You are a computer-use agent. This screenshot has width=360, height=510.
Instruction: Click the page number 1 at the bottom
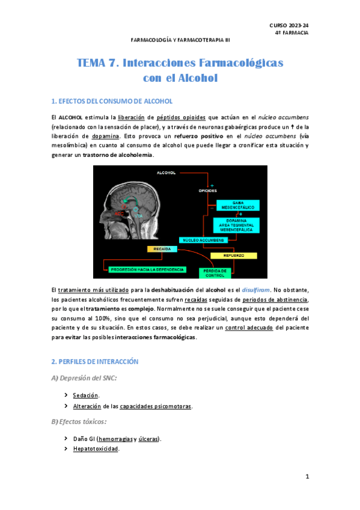[307, 477]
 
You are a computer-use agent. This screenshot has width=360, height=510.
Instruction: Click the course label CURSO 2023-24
[288, 24]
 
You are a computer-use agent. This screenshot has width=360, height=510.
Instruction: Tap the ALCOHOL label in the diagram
[166, 173]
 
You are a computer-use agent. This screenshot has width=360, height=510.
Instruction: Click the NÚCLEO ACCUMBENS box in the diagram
[201, 240]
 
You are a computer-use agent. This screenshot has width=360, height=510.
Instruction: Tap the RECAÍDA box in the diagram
[162, 249]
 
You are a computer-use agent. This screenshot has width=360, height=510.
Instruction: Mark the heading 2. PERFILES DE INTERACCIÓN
[95, 361]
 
